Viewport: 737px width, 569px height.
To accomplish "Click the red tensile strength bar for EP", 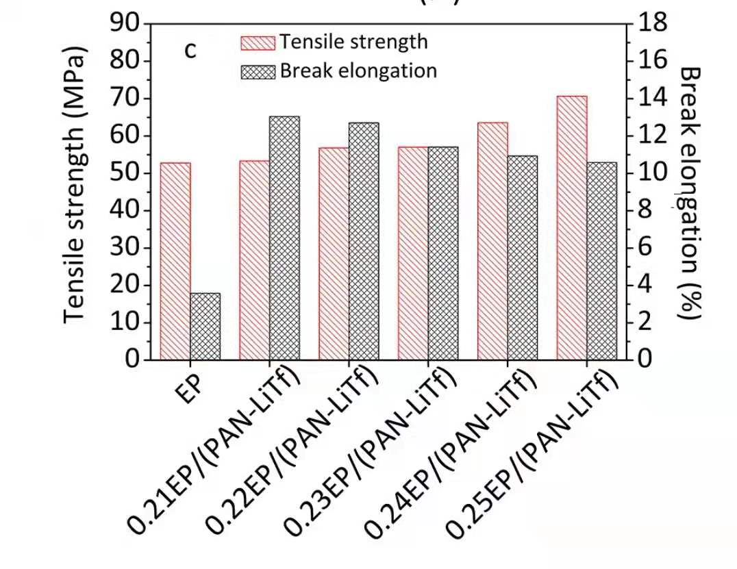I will click(x=175, y=261).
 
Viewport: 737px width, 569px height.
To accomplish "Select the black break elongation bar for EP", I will click(x=205, y=326).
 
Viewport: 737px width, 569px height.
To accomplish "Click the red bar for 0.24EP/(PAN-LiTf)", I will click(x=492, y=240).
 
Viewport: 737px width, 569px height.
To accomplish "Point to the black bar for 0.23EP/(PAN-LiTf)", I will click(x=443, y=253).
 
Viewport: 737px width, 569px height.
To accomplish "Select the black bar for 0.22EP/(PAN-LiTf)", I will click(x=364, y=240).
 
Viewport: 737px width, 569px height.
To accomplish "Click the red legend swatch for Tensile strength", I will click(x=258, y=42).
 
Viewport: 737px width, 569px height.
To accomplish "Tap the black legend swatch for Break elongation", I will click(x=258, y=71).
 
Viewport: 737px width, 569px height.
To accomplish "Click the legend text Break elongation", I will click(x=358, y=71).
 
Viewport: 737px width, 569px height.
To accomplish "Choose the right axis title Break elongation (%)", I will click(x=690, y=192).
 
